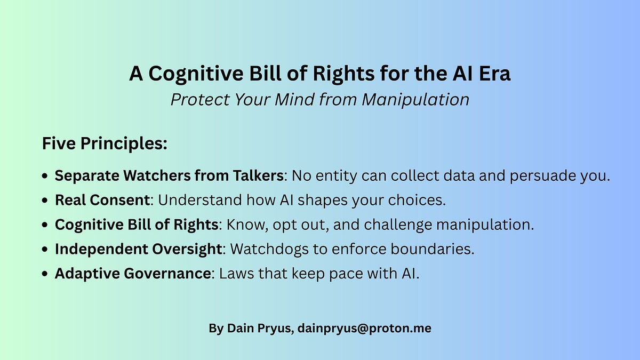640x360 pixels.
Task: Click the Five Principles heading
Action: pyautogui.click(x=105, y=144)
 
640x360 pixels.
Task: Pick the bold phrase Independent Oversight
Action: pyautogui.click(x=137, y=249)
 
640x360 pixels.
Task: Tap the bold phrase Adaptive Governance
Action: pyautogui.click(x=133, y=274)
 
